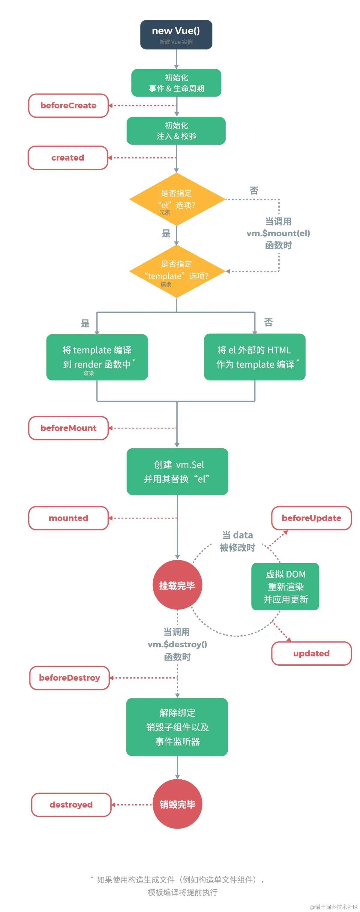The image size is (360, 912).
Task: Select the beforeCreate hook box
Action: [68, 106]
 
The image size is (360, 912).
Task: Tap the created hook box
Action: [67, 158]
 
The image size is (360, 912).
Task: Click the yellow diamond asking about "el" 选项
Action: [177, 199]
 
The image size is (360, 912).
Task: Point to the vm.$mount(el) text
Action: [278, 233]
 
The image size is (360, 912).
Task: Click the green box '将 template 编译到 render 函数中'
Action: [97, 357]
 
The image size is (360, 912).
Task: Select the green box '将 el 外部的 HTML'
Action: [254, 357]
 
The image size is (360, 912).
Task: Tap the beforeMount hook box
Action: [68, 428]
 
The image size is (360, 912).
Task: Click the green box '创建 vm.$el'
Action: [177, 471]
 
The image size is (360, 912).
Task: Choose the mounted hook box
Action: [68, 518]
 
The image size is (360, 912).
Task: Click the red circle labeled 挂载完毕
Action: [177, 585]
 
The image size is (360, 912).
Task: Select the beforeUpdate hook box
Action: [311, 518]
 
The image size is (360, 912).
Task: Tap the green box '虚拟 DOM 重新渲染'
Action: [285, 587]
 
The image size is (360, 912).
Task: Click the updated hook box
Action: [311, 654]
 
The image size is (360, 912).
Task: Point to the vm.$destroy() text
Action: [177, 645]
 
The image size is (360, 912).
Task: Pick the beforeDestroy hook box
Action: [69, 678]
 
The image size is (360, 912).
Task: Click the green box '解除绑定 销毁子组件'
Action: [177, 727]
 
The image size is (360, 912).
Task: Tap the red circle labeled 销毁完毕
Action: [177, 804]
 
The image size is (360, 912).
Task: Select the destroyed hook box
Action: [71, 805]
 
